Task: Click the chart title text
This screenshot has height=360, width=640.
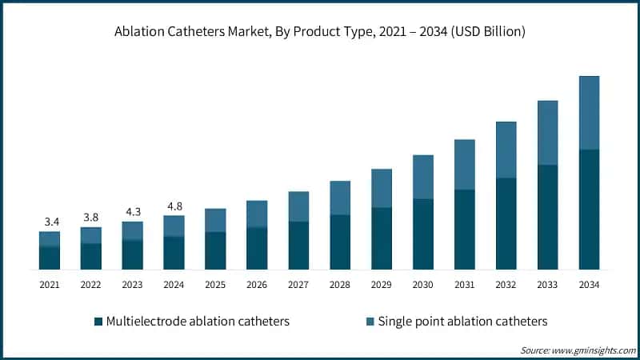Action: (320, 32)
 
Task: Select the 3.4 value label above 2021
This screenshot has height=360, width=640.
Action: (50, 221)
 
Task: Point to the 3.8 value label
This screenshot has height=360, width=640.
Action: (91, 216)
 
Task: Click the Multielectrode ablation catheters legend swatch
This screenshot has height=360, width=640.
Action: (98, 322)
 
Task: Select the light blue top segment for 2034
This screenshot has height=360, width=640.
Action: (589, 112)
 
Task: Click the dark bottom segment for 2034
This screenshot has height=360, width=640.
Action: (589, 209)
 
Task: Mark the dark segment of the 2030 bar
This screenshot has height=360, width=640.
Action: (423, 234)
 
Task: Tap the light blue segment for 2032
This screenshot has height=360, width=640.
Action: (506, 150)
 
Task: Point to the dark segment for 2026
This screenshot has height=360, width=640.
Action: (257, 248)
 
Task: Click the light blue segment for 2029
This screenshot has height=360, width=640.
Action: (382, 188)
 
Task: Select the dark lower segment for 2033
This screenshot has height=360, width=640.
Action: (547, 217)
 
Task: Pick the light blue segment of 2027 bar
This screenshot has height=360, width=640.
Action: (298, 206)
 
